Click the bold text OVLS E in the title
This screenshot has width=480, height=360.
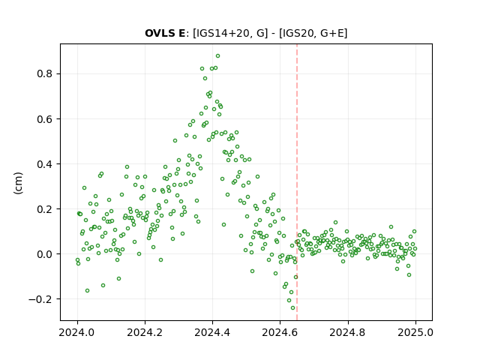[165, 33]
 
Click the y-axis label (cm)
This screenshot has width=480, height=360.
[18, 183]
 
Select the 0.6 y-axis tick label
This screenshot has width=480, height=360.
[45, 118]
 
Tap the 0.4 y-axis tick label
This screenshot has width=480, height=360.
[45, 164]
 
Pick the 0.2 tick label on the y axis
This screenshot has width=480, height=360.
[45, 209]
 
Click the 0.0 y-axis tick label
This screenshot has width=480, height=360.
[45, 254]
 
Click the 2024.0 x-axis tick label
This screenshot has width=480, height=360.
[77, 332]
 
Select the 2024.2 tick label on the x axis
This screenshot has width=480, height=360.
[145, 332]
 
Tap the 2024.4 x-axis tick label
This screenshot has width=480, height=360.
[212, 332]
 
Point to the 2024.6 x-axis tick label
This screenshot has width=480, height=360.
[280, 332]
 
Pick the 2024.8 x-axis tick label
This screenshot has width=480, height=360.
[348, 332]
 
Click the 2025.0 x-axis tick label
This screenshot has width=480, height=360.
[415, 332]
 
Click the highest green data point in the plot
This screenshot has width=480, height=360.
[217, 56]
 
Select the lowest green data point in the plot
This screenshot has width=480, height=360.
[292, 308]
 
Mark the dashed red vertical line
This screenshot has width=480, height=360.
[297, 182]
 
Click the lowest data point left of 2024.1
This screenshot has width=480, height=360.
[87, 290]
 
